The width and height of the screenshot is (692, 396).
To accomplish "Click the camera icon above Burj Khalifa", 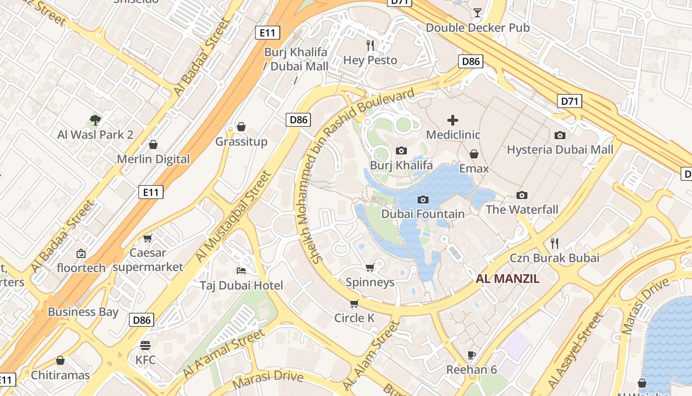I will [x=401, y=150].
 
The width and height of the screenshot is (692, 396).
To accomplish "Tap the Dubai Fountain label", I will [x=423, y=214].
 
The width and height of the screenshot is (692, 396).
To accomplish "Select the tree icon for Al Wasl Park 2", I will [x=95, y=120].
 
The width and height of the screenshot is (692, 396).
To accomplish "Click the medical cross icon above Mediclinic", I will [x=453, y=120].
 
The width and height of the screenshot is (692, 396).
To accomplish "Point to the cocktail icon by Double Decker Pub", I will [x=477, y=12].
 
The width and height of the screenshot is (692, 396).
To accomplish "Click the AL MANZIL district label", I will [x=508, y=279].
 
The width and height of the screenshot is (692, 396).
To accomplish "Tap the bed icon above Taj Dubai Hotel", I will [x=241, y=270].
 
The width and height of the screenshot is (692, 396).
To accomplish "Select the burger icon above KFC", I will [x=145, y=345].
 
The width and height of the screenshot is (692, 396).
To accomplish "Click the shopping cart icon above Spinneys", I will [x=370, y=268].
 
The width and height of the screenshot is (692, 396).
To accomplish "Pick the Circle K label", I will [x=354, y=318].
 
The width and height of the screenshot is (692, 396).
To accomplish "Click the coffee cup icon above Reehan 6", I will [x=472, y=355].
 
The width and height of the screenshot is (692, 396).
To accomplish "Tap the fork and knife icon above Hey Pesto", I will [x=370, y=46].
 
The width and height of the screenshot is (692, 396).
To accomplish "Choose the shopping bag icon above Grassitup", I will [x=241, y=127].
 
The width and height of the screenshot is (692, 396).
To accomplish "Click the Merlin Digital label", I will [x=153, y=159].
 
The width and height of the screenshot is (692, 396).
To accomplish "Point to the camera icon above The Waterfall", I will [x=522, y=195].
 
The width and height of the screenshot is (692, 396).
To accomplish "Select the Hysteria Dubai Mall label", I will [x=560, y=149].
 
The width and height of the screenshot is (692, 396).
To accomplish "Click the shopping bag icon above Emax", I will [x=474, y=154].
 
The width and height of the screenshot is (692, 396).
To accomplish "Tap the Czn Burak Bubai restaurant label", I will [x=555, y=258].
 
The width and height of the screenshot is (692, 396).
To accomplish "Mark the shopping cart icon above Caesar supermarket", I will [x=147, y=239].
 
